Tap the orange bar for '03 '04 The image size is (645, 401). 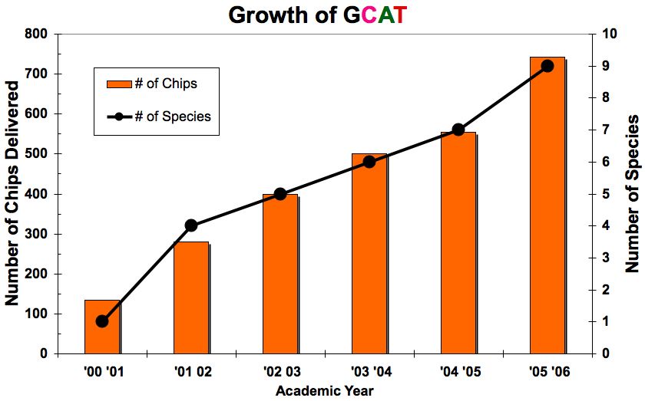tap(369, 254)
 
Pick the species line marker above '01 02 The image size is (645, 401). tap(191, 225)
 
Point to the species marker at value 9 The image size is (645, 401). tap(547, 66)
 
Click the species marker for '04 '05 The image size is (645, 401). tap(458, 130)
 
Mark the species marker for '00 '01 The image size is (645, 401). tap(102, 321)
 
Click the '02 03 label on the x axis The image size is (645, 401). tap(280, 372)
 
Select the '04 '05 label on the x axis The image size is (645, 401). tap(458, 372)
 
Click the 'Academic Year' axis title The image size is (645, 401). tap(325, 390)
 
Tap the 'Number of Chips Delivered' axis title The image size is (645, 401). tap(13, 193)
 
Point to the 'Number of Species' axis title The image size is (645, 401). tap(632, 194)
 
